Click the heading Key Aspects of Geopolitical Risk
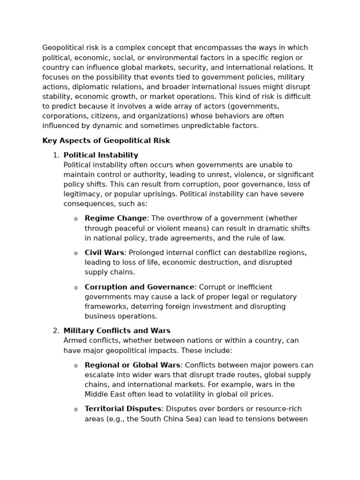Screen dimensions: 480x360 [106, 141]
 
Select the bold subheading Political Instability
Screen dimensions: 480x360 [101, 155]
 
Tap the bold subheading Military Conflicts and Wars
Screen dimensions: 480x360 [117, 331]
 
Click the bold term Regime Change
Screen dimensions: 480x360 [116, 218]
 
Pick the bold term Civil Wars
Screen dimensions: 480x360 [104, 253]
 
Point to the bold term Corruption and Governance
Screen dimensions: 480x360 [139, 287]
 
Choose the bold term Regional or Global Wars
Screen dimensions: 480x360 [132, 365]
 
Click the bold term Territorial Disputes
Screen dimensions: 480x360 [123, 409]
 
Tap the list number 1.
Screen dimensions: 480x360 [56, 155]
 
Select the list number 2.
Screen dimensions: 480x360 [56, 331]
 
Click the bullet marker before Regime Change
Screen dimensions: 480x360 [76, 219]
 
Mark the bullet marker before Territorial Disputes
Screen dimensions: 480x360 [76, 410]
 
